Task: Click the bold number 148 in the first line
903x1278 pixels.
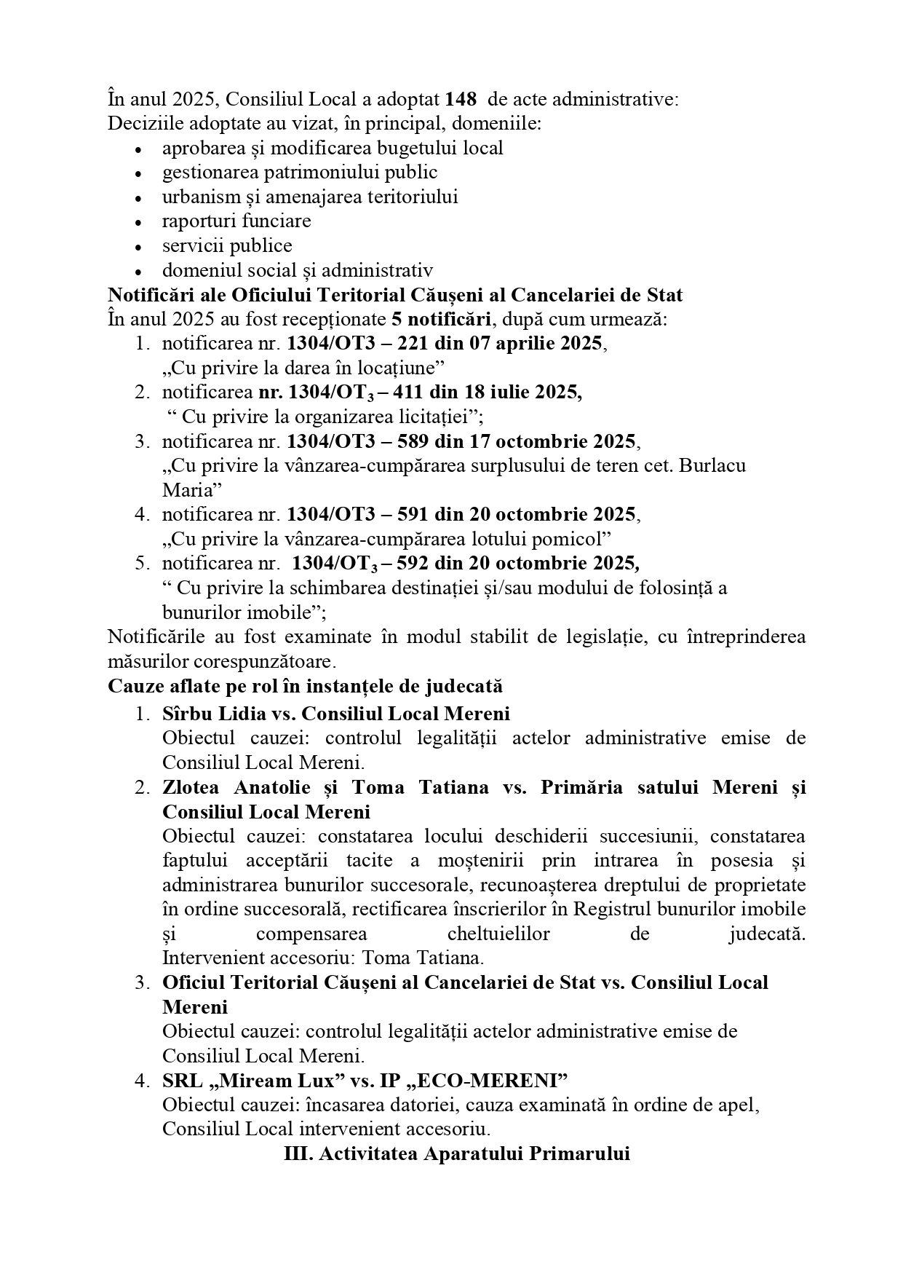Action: (x=461, y=99)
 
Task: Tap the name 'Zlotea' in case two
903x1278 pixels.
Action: (x=192, y=787)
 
